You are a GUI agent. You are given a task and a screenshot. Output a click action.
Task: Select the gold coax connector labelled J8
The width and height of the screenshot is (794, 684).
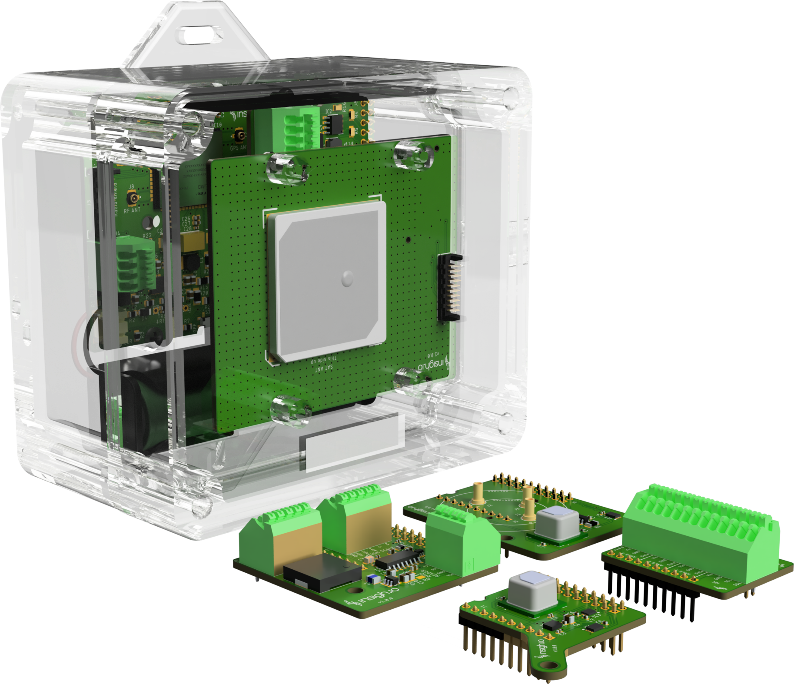tap(132, 199)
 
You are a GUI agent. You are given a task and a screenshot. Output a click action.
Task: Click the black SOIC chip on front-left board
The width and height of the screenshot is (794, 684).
tap(399, 561)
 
